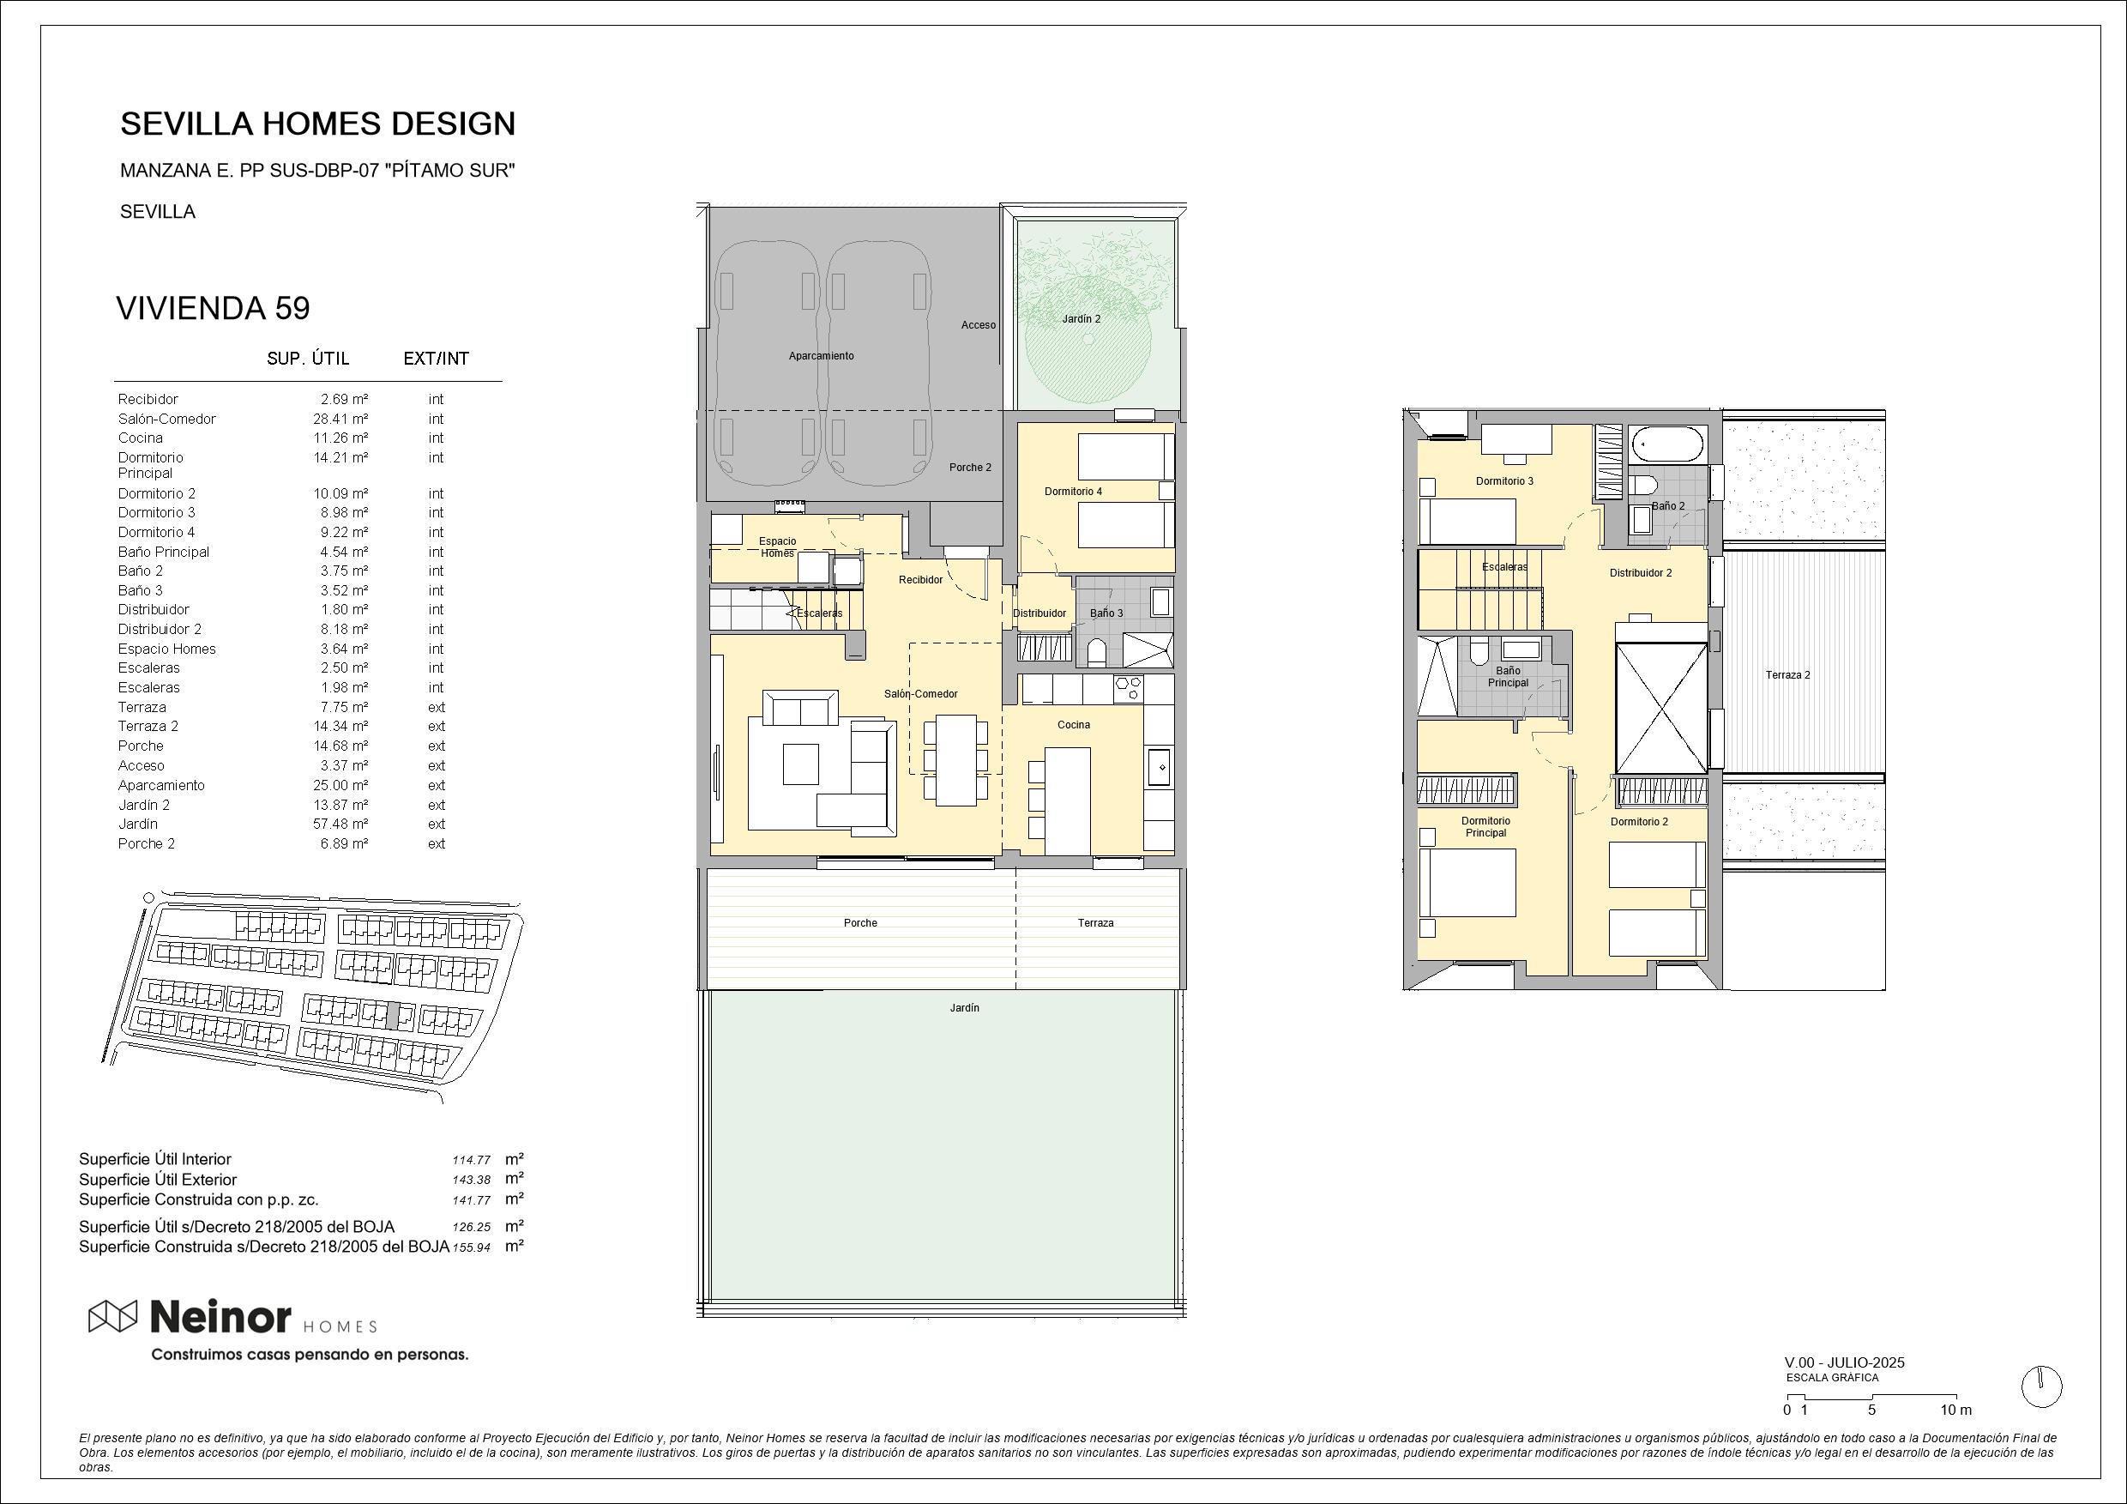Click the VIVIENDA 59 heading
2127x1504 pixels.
point(212,308)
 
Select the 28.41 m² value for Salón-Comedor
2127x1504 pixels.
point(340,419)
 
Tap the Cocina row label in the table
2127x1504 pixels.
point(140,438)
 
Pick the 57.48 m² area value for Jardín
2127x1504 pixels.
point(340,824)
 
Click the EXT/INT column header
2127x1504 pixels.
point(437,359)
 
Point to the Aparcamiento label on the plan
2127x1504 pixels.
point(821,356)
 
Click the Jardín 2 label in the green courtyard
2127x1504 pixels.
point(1082,319)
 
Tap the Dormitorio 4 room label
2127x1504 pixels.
point(1073,491)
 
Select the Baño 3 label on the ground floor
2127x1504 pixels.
point(1106,613)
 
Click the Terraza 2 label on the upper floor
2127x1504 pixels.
point(1787,675)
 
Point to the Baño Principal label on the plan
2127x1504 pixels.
point(1508,676)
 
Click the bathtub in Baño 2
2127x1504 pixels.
point(1667,444)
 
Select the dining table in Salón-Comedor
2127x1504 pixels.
point(955,760)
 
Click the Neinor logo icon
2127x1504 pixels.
point(112,1316)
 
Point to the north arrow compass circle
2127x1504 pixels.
point(2042,1387)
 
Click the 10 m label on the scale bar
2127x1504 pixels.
point(1955,1410)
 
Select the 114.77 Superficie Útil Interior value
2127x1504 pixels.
point(472,1160)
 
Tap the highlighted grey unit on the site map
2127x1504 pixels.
point(393,1016)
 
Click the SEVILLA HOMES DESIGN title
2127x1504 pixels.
point(317,124)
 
